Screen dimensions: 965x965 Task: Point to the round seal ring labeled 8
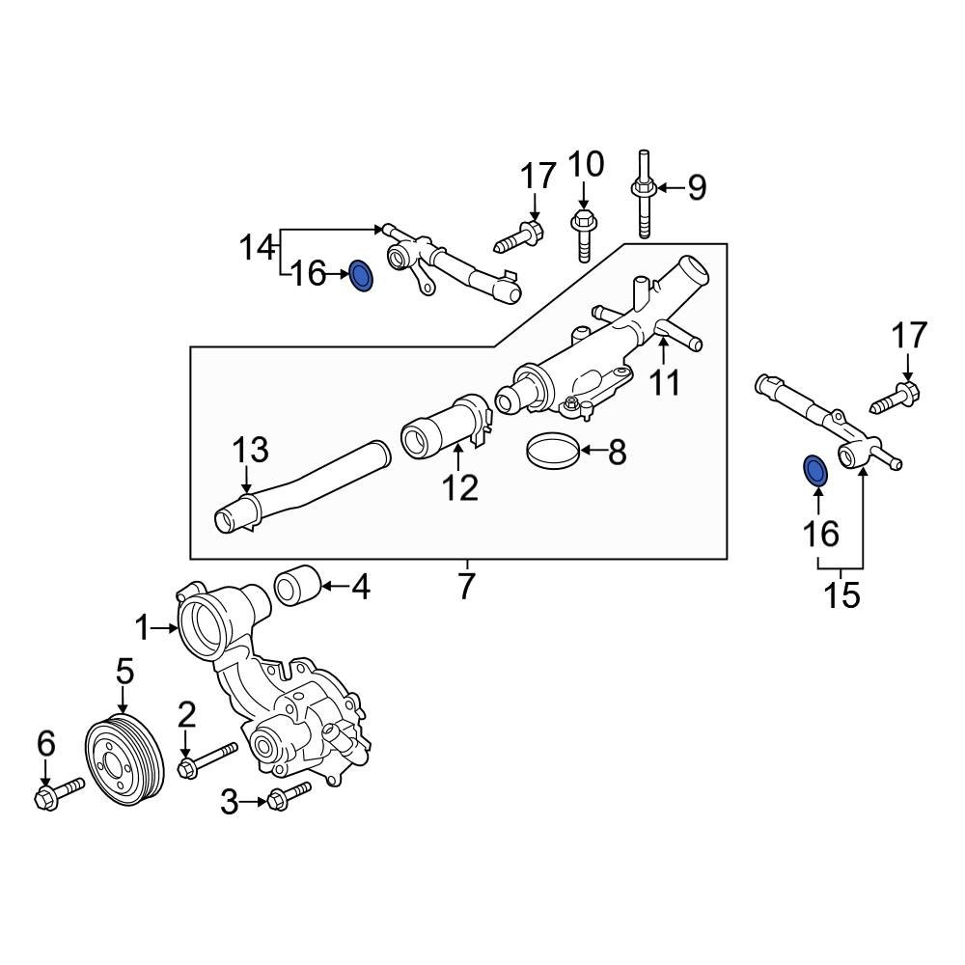pyautogui.click(x=553, y=451)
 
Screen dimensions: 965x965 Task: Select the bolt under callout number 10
pyautogui.click(x=583, y=234)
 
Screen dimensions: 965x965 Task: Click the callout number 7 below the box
pyautogui.click(x=466, y=586)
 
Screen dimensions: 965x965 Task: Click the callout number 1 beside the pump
pyautogui.click(x=143, y=629)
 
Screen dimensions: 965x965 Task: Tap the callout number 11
pyautogui.click(x=664, y=382)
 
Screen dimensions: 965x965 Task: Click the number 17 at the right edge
pyautogui.click(x=908, y=337)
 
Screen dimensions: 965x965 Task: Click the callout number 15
pyautogui.click(x=841, y=594)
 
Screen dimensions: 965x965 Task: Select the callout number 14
pyautogui.click(x=257, y=248)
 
